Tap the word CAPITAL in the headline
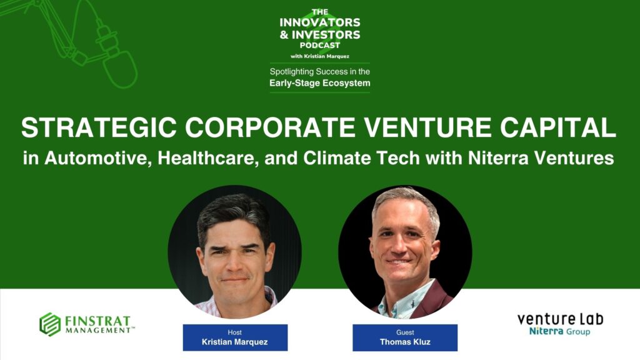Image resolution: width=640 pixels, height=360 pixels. coord(558,127)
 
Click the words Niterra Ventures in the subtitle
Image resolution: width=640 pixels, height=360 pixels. coord(541,158)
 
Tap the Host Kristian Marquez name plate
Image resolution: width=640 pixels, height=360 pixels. coord(235,337)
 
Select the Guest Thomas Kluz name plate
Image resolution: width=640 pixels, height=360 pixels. coord(405,337)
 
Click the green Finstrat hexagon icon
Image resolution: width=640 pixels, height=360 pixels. coord(50,324)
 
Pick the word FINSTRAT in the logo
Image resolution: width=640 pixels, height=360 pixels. coord(97,321)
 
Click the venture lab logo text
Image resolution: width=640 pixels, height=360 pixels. coord(561,319)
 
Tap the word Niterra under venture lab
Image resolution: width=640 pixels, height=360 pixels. coord(546,331)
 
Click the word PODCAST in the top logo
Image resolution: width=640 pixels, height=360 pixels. coord(320,45)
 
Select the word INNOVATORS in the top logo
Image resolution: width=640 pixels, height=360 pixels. coord(320,22)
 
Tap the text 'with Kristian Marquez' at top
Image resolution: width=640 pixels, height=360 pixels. coord(320,56)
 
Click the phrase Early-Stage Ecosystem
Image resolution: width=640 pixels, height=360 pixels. coord(320,83)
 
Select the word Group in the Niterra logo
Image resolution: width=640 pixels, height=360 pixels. coord(578,331)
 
